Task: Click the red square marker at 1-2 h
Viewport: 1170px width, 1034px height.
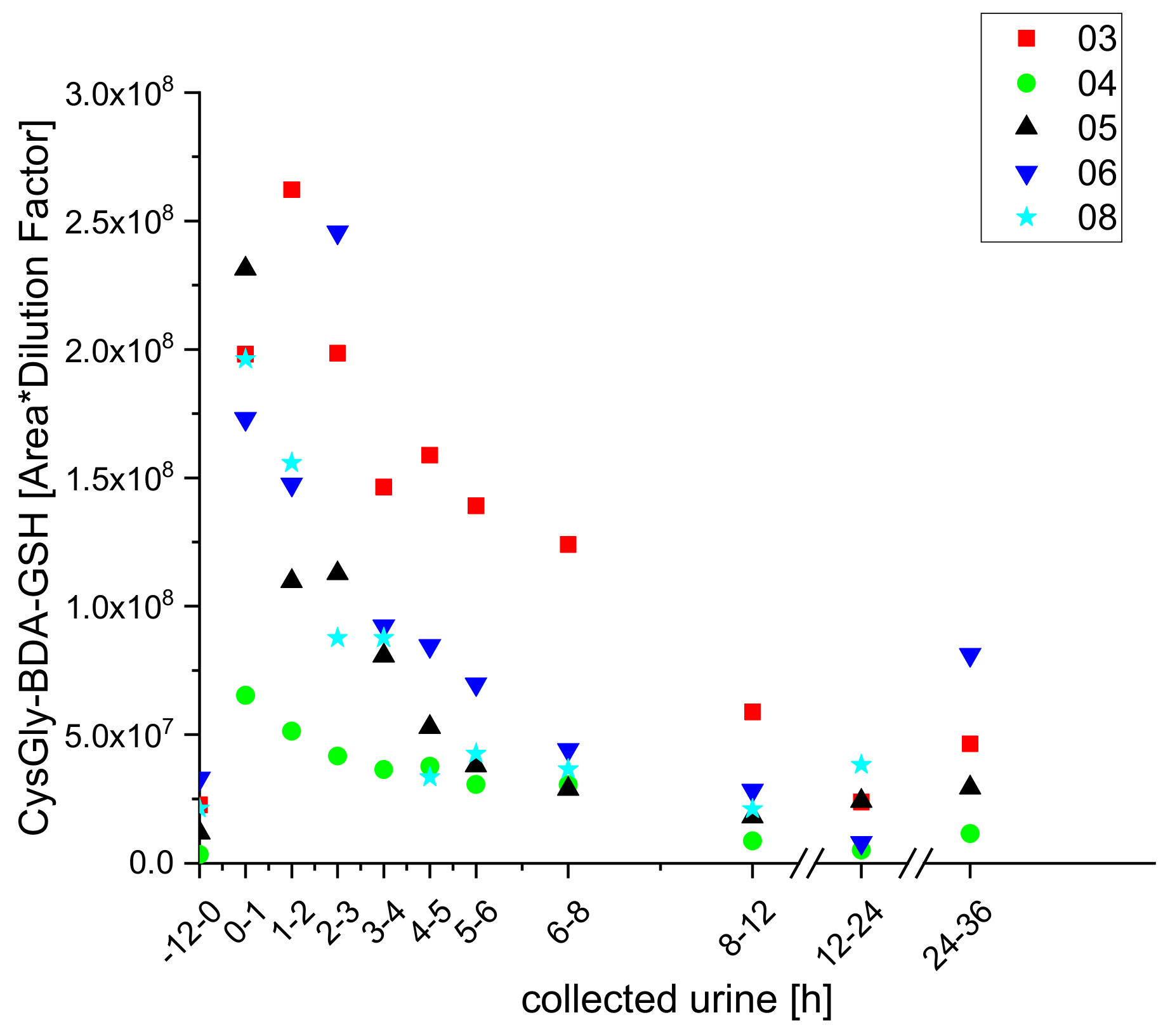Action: point(291,190)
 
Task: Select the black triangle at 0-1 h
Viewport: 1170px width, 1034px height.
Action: point(246,268)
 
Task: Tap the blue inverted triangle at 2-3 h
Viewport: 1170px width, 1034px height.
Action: point(338,235)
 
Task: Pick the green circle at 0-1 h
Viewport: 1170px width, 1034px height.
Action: point(246,695)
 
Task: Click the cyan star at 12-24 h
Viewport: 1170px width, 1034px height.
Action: point(861,764)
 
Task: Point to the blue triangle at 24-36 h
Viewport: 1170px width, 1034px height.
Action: point(970,657)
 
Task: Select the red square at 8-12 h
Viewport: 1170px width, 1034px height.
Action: point(752,712)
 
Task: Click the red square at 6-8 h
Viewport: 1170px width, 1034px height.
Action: point(568,544)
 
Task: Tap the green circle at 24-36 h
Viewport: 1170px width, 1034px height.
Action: point(970,834)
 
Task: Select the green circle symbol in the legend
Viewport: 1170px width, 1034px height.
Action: point(1026,84)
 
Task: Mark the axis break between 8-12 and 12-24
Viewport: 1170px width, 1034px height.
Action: point(807,863)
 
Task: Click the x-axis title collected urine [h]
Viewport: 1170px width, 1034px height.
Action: point(676,1000)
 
